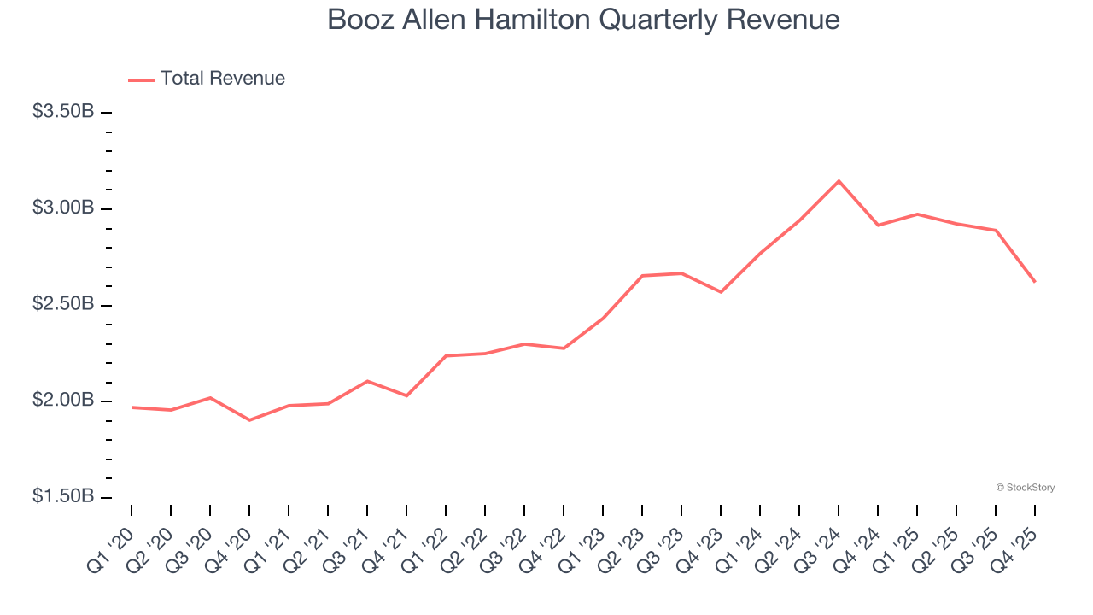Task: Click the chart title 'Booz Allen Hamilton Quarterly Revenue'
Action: (583, 20)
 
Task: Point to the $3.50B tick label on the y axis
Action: (63, 112)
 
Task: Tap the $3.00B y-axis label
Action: (63, 208)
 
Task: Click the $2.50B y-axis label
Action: (63, 305)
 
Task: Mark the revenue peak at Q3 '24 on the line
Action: (839, 181)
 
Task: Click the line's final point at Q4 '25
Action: (1035, 282)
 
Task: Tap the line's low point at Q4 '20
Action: (249, 420)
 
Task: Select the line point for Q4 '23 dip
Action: (721, 292)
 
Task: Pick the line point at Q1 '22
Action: (446, 355)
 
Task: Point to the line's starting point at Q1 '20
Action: (132, 407)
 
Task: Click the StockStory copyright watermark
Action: (1025, 488)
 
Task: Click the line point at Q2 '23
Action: (642, 276)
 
